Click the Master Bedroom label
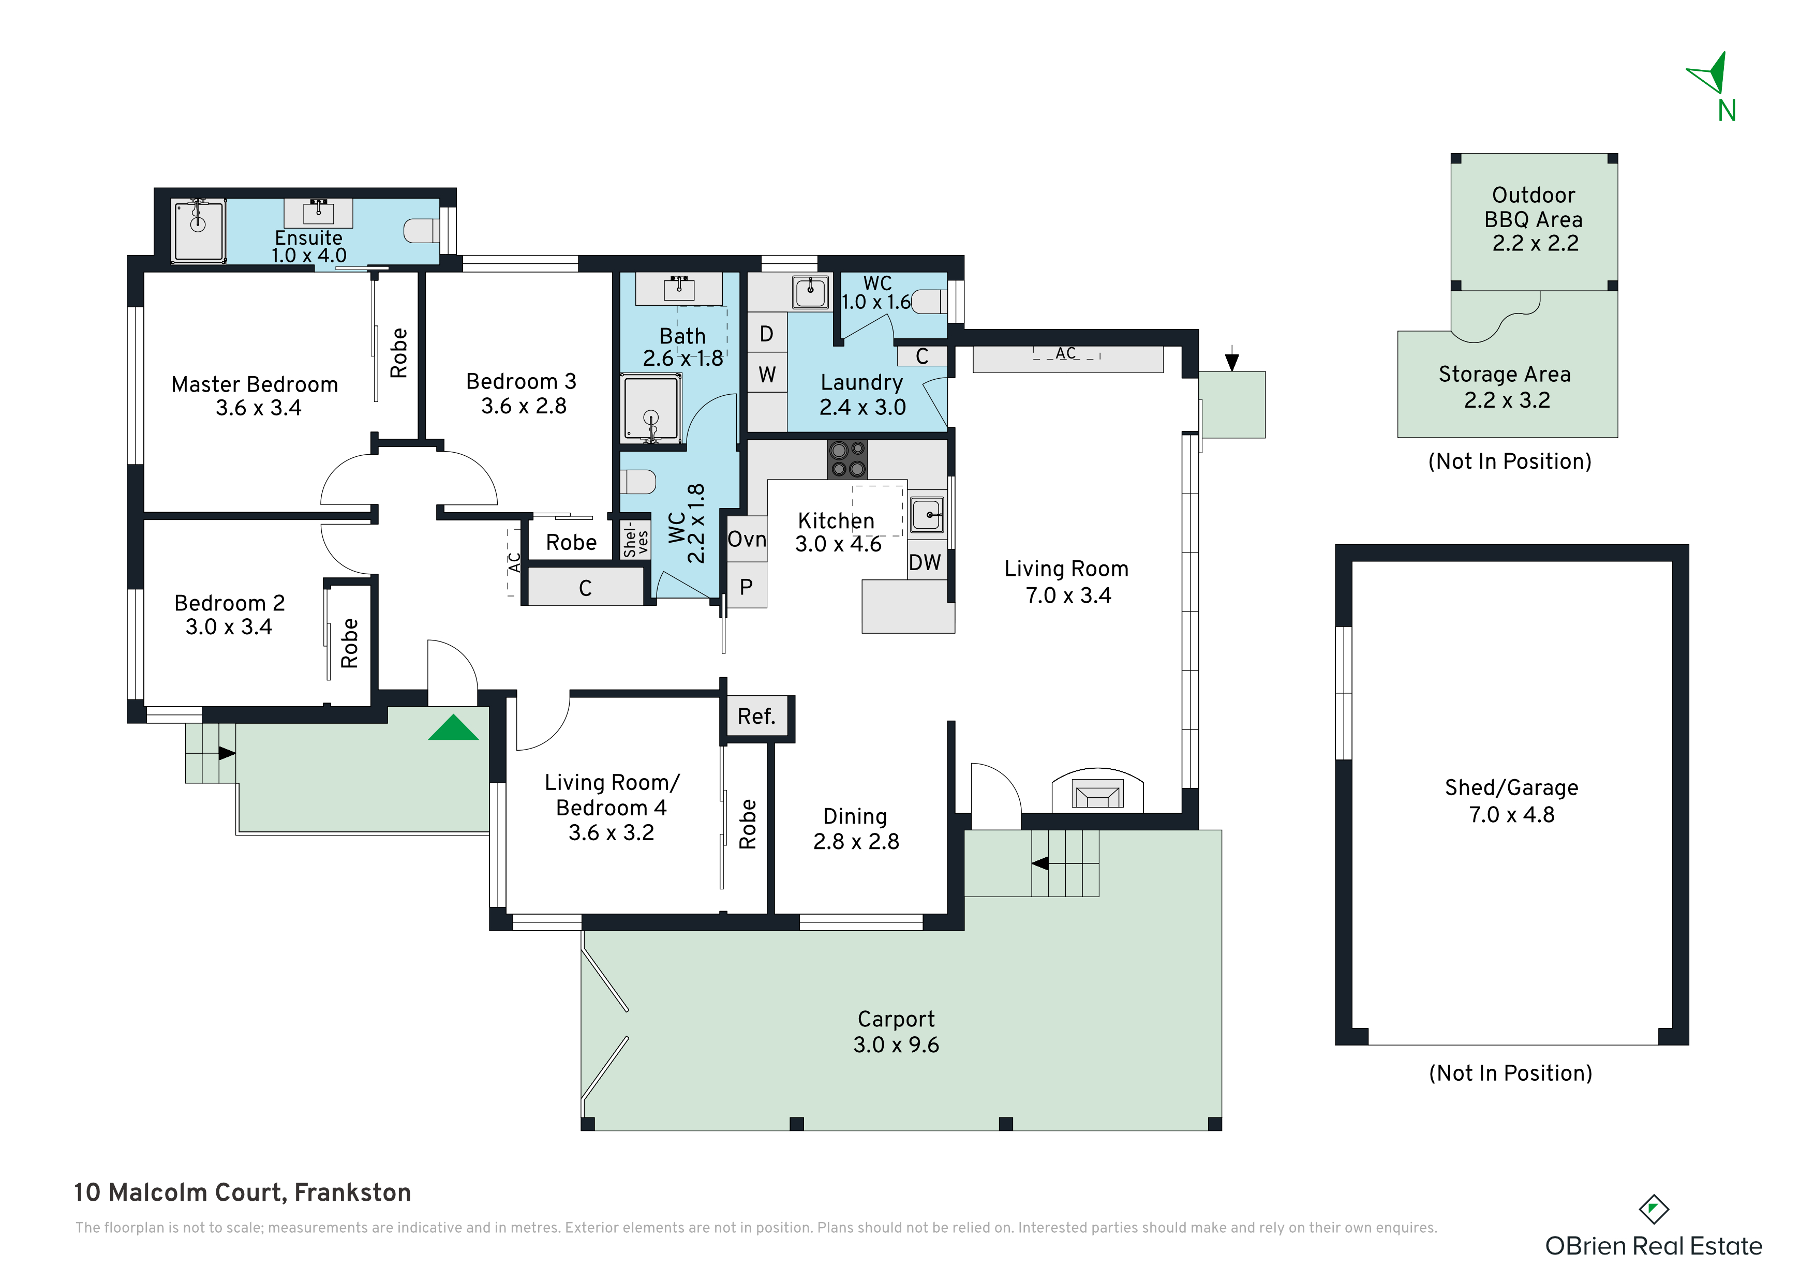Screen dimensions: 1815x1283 255,384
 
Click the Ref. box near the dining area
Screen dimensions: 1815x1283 756,717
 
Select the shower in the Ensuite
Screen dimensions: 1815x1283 199,229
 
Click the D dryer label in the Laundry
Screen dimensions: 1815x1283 767,334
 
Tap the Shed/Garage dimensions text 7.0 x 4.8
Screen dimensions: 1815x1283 1511,814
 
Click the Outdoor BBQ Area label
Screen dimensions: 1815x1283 1534,207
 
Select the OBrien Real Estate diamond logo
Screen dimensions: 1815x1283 1654,1210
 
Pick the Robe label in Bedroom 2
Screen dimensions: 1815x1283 349,644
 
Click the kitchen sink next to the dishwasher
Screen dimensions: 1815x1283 927,515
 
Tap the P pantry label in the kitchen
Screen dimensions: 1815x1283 746,587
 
